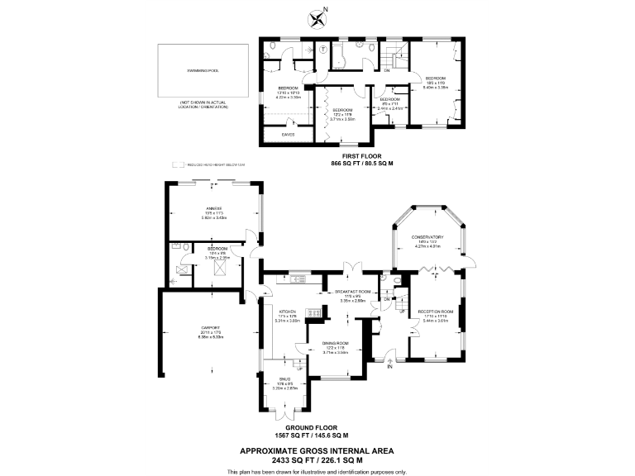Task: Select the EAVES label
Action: [288, 134]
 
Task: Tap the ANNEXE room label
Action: [214, 207]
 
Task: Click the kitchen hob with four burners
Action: [313, 312]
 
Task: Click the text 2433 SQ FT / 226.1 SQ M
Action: [317, 460]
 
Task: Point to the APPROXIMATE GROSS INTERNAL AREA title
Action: [317, 451]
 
